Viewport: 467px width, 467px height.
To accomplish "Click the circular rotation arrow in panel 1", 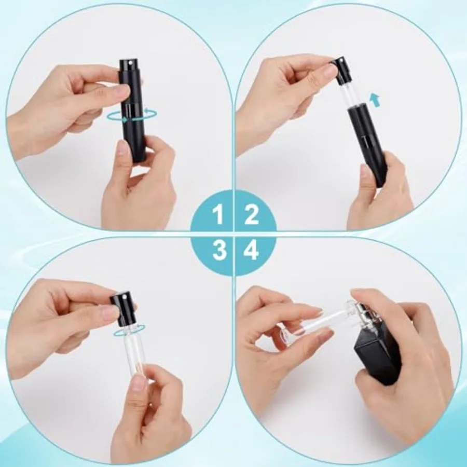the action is (132, 116).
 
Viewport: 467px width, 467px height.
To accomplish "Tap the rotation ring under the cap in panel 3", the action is (130, 329).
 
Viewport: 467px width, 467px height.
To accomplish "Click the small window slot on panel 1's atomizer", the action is (127, 109).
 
